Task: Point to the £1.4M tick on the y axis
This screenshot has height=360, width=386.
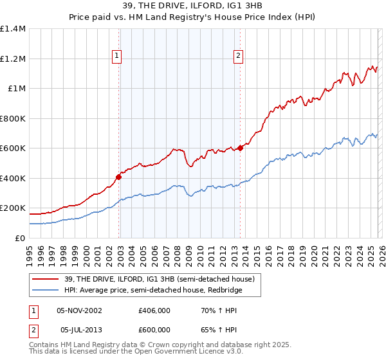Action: (13, 29)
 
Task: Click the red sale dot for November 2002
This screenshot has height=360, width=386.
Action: (119, 177)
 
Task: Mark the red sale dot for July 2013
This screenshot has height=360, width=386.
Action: (240, 148)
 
